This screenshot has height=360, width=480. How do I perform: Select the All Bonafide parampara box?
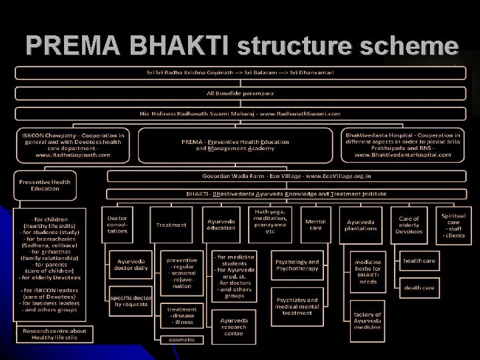(240, 93)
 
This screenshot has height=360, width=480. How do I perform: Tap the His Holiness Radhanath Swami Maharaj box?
(240, 114)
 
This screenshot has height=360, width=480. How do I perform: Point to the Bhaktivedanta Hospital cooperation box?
(403, 144)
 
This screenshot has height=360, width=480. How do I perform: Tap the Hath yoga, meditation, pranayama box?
(270, 221)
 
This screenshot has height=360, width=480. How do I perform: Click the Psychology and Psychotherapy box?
(297, 265)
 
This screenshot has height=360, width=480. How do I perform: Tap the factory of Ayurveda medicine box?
(367, 320)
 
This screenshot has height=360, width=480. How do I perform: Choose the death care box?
(419, 287)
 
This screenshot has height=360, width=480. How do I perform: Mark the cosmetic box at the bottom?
(182, 339)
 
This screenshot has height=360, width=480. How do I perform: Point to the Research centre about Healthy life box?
(55, 333)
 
